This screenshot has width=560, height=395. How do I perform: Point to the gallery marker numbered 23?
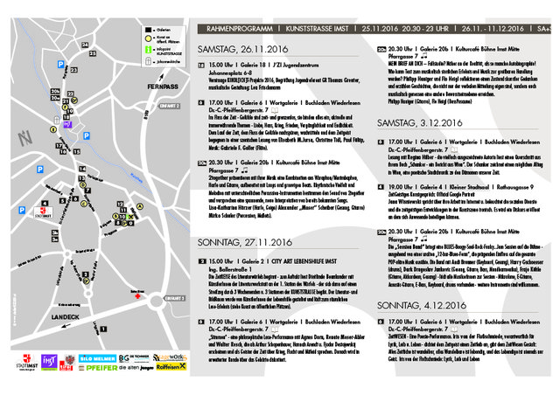click(72, 68)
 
